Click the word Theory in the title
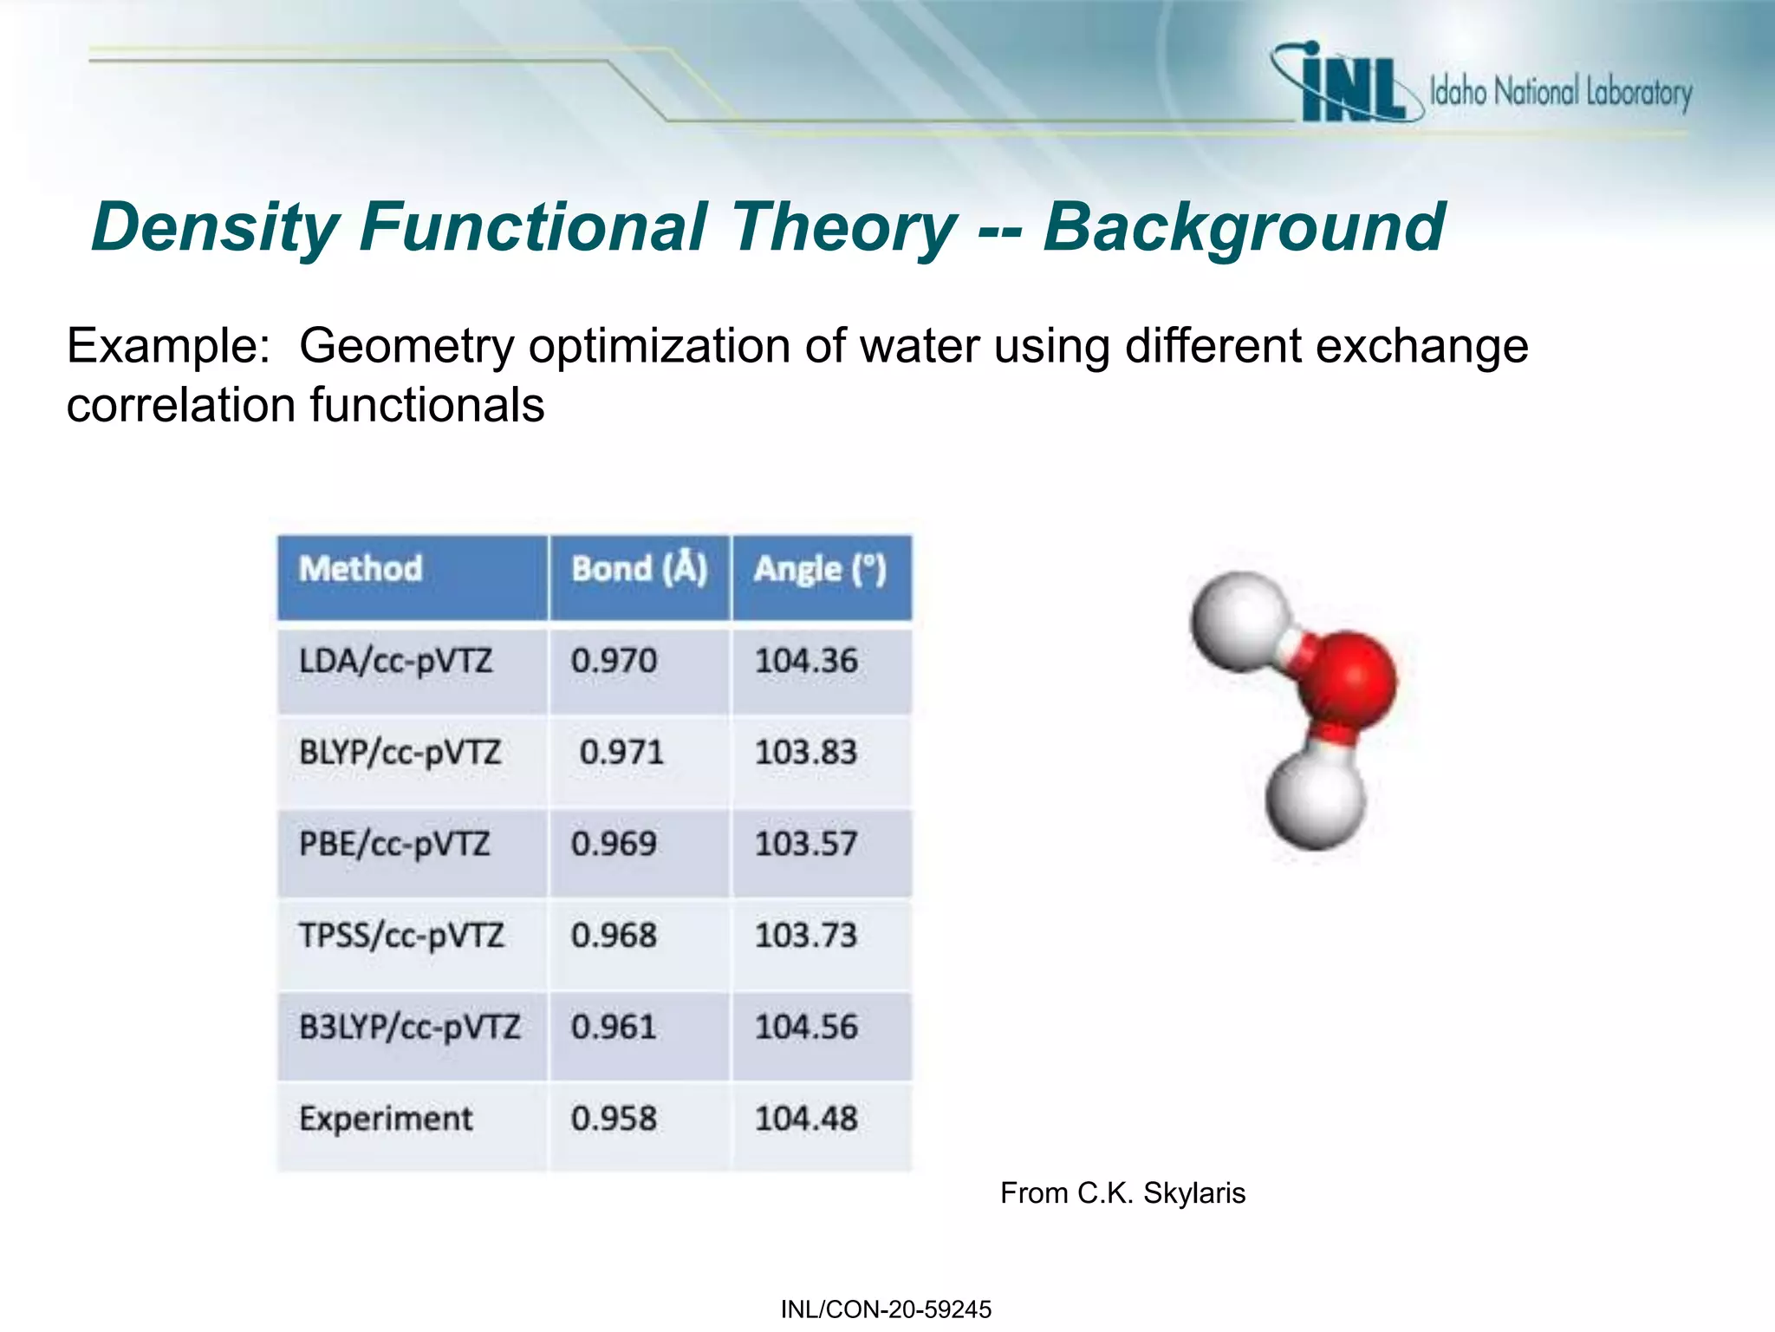842,227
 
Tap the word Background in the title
1243,227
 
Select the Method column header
361,569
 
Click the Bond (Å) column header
640,569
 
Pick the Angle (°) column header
820,569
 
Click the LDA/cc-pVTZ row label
395,662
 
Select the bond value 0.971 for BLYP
621,752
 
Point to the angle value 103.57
806,844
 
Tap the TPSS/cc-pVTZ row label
401,936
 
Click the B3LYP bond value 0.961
614,1028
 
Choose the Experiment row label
386,1119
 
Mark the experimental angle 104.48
806,1119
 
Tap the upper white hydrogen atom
1239,619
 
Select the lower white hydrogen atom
1315,799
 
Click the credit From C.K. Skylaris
1122,1193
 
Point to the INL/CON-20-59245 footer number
886,1309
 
